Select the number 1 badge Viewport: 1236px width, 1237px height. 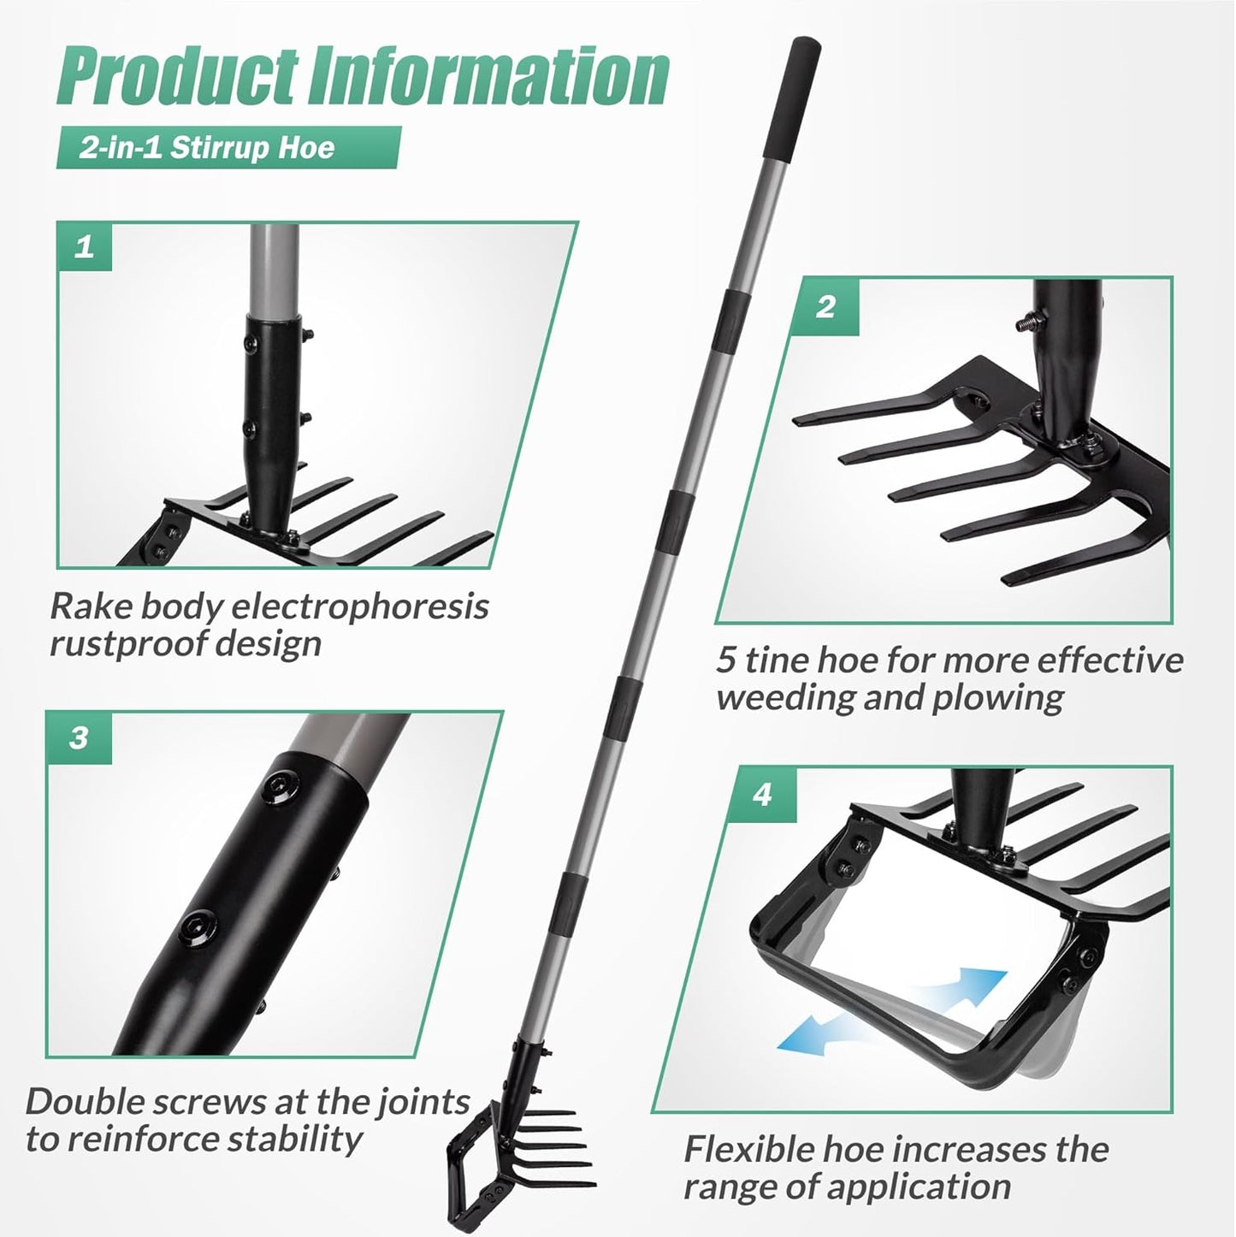point(85,247)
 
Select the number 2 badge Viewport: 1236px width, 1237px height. point(825,307)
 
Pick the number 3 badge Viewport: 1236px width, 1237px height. point(79,737)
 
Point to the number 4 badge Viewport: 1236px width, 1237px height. point(762,795)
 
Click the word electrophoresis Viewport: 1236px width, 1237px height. point(361,607)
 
